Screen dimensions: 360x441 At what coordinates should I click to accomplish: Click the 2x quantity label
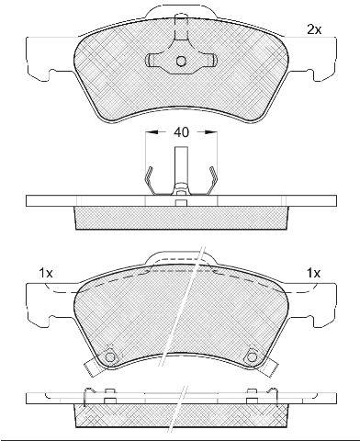[x=314, y=30]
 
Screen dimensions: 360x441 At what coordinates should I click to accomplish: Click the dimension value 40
[x=181, y=132]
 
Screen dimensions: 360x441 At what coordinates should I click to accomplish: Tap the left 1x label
[x=46, y=273]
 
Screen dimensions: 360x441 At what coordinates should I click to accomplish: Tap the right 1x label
[x=313, y=273]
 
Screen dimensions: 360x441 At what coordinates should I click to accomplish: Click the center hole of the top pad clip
[x=181, y=62]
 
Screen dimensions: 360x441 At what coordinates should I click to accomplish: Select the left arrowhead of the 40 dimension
[x=152, y=132]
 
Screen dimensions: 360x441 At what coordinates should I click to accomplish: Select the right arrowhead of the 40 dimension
[x=211, y=132]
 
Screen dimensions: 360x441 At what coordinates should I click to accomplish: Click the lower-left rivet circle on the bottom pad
[x=110, y=357]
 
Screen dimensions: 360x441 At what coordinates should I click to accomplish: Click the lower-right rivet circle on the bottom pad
[x=252, y=357]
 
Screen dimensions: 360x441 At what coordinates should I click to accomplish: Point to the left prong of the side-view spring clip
[x=148, y=180]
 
